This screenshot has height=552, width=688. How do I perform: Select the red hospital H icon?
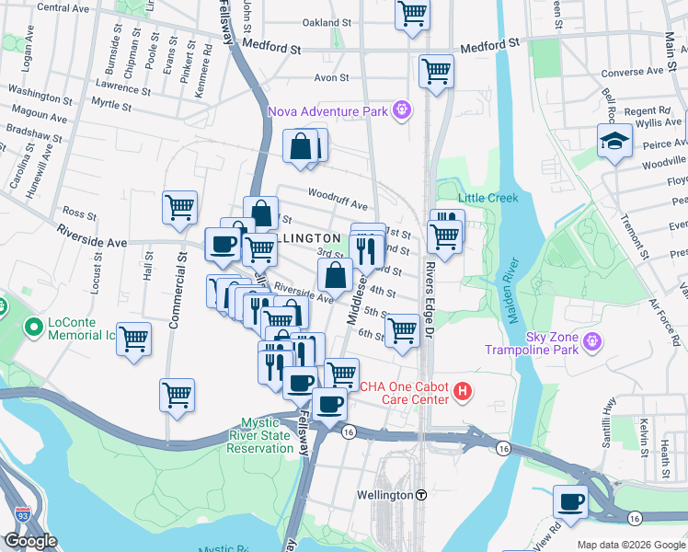pos(464,393)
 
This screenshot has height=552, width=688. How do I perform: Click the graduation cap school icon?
pos(613,142)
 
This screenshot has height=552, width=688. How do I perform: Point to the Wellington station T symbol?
pos(421,494)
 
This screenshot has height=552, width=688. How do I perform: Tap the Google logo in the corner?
pos(30,540)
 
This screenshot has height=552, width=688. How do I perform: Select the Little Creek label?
pos(488,198)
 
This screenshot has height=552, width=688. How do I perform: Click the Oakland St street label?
pos(327,22)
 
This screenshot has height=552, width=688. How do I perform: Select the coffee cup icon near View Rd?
pos(570,502)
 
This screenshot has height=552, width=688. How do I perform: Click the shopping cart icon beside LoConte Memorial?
pos(134,339)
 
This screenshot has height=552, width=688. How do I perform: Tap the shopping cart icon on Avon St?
pos(436,70)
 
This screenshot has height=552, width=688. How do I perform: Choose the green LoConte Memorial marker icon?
pos(34,327)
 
